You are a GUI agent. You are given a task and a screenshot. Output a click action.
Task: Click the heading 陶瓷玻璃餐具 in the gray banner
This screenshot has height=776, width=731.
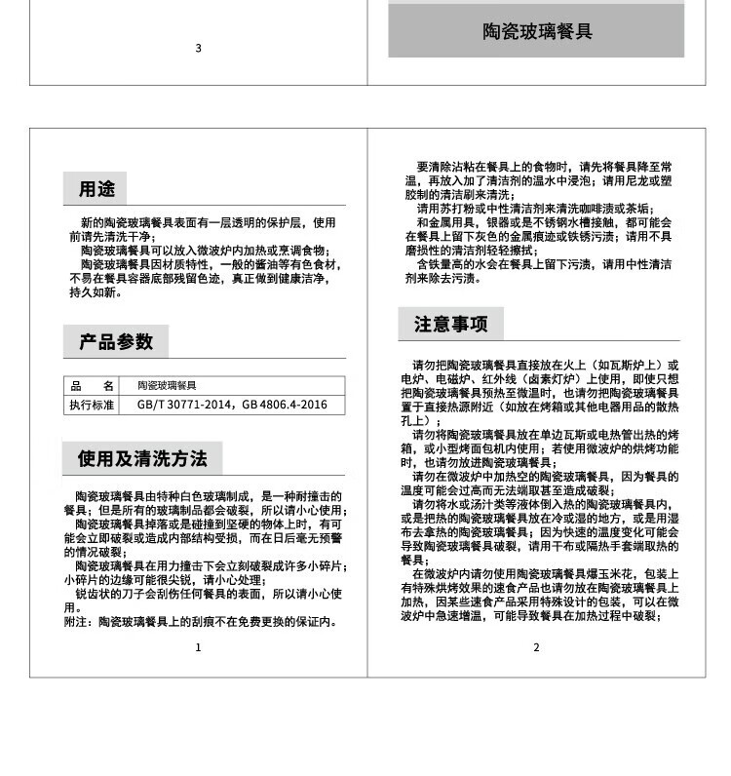click(537, 32)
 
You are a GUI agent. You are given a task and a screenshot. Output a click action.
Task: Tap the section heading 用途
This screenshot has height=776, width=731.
click(96, 189)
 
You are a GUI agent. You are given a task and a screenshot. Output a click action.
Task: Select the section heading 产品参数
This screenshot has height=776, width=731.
click(116, 342)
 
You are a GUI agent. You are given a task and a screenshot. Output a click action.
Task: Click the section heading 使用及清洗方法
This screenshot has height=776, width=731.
click(142, 458)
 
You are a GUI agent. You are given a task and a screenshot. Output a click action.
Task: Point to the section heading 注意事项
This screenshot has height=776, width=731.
click(450, 324)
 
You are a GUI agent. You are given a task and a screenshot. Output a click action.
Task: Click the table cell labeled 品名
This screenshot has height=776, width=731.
click(93, 386)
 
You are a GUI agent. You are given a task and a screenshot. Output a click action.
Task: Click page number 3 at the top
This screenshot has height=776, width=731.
click(198, 48)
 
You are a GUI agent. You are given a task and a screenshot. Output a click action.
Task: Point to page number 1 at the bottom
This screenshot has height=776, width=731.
click(198, 647)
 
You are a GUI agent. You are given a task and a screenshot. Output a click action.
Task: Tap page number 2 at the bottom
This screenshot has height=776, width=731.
click(536, 647)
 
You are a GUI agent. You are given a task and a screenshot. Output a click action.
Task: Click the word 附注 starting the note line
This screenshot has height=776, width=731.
click(76, 622)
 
